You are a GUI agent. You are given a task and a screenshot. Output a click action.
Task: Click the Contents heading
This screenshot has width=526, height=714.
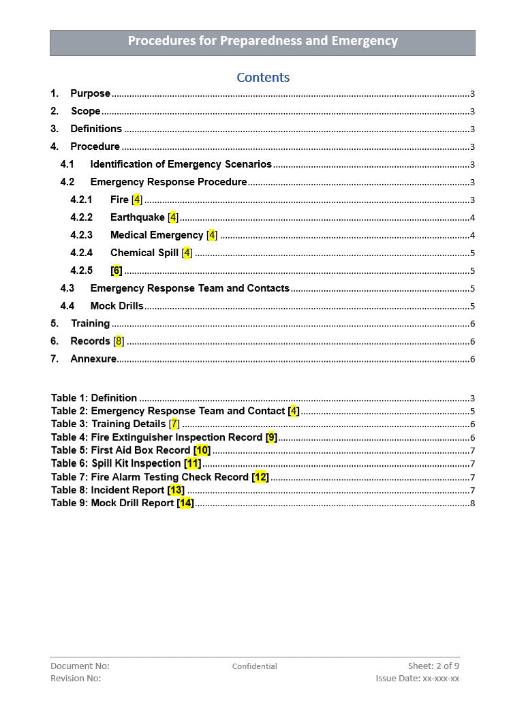point(263,78)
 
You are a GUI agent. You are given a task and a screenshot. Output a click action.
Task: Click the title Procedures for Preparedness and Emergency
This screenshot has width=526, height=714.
point(262,41)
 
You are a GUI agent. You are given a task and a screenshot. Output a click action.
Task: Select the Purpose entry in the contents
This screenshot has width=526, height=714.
point(90,93)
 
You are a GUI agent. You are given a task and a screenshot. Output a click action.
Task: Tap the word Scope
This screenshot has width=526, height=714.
point(86,111)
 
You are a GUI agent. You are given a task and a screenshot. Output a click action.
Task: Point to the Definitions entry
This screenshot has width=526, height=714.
point(95,129)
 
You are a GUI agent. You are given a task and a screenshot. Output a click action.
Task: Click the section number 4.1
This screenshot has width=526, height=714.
point(67,164)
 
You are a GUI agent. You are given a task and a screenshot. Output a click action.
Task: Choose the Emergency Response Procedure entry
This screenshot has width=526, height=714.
point(168,182)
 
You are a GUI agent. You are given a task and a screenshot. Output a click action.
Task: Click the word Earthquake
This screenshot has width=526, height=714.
point(138,217)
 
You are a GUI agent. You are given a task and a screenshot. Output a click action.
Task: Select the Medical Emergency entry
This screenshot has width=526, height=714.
point(157,235)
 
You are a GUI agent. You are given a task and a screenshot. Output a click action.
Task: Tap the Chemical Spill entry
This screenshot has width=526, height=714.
point(144,253)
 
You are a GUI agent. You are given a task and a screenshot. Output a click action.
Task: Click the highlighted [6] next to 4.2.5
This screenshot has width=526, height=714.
point(117,270)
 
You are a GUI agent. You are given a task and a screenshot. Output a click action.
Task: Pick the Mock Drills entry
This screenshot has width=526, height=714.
point(117,306)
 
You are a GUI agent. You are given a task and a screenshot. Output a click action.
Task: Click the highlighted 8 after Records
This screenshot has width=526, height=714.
point(119,341)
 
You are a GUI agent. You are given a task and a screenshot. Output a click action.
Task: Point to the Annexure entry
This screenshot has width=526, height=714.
point(93,359)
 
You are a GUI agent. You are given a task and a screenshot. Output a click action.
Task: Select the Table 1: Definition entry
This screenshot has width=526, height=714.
point(94,398)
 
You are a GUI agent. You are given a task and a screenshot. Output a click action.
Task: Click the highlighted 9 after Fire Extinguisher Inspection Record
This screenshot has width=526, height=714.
point(271,437)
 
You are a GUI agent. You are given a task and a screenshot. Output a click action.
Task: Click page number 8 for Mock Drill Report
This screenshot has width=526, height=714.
point(472,503)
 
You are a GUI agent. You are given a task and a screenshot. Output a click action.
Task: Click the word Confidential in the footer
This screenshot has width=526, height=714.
point(255,666)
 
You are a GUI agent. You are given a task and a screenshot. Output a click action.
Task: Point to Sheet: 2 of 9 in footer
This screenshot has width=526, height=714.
point(433,666)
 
